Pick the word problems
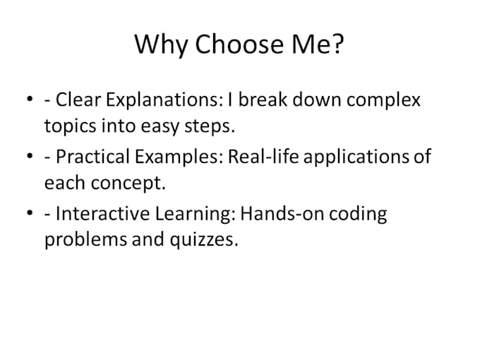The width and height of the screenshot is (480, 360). (80, 241)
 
